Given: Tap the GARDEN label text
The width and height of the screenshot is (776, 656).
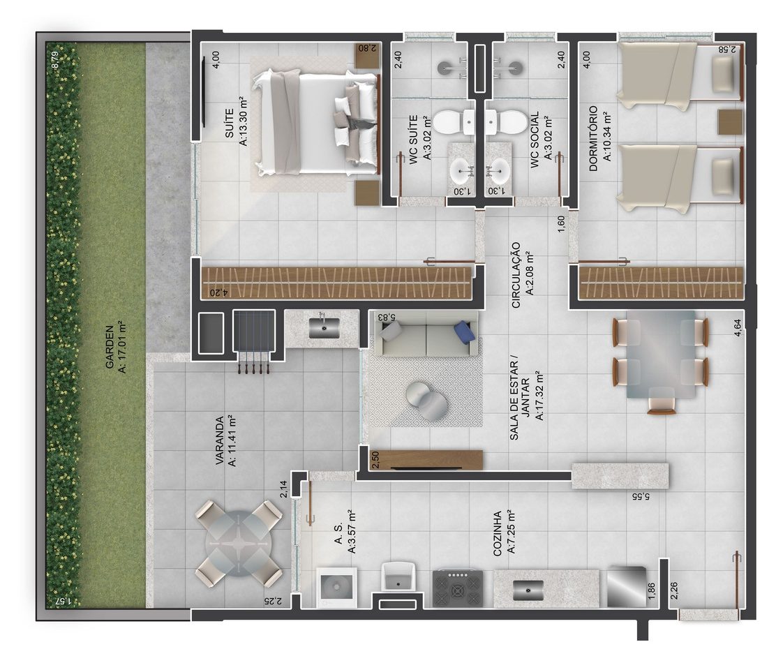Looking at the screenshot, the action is [110, 347].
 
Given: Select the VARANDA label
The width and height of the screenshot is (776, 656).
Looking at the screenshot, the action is [220, 440].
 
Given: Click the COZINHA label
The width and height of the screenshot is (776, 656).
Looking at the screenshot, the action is [498, 533].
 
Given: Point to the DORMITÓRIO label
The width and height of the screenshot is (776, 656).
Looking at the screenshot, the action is [593, 138].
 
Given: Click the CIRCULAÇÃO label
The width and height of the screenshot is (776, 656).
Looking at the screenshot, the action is [516, 275].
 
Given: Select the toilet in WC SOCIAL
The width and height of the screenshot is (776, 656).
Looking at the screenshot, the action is [506, 122].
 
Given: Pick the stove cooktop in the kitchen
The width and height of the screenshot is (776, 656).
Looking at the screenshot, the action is [458, 588].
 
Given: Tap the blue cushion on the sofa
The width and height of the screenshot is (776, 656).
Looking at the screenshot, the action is [464, 331].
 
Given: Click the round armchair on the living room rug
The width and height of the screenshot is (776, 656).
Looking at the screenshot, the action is [426, 401].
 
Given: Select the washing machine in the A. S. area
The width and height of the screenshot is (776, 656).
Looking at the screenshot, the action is [336, 587].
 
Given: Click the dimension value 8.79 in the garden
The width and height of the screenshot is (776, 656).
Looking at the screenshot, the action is [55, 60].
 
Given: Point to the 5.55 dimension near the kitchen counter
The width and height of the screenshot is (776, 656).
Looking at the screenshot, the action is [640, 496].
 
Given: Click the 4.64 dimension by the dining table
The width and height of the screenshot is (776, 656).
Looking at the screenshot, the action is [738, 328].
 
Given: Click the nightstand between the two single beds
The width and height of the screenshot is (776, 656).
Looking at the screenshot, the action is [730, 122].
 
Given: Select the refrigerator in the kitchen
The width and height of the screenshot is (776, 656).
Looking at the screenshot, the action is [627, 586].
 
